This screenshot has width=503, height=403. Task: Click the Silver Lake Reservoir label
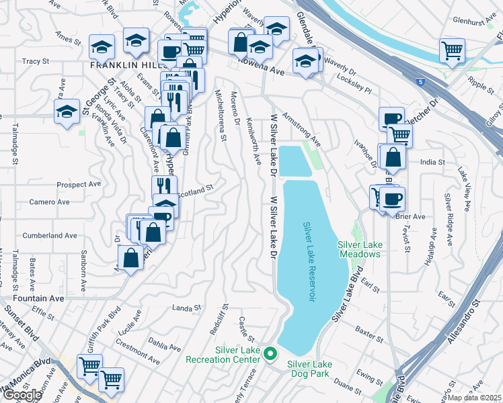[x=309, y=262]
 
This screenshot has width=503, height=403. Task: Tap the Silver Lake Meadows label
[x=359, y=249]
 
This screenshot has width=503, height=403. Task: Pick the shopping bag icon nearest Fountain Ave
[x=130, y=257]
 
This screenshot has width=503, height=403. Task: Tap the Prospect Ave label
[x=79, y=185]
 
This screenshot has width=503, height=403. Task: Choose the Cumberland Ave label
[x=50, y=236]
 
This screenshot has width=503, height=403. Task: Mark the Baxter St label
[x=369, y=332]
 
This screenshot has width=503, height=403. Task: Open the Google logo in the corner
[x=22, y=395]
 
